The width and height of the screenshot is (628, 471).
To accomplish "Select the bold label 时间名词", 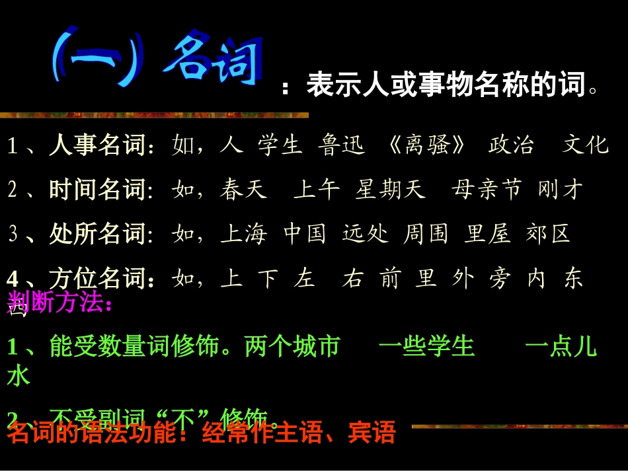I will click(97, 190).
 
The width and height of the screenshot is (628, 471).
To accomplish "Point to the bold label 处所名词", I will click(97, 234).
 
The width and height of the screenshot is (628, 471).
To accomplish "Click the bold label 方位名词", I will click(97, 278).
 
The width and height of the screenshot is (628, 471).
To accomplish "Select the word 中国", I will click(305, 234).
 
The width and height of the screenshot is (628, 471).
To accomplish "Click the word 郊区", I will click(548, 234).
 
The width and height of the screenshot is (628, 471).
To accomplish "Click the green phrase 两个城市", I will click(292, 346).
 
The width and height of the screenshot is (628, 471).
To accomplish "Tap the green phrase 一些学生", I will click(427, 346).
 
